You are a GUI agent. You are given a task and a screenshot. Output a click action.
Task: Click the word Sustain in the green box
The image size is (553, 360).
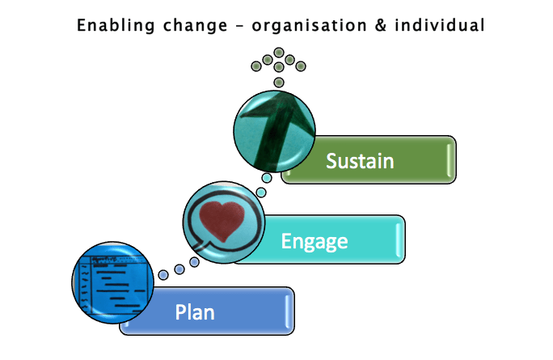click(360, 160)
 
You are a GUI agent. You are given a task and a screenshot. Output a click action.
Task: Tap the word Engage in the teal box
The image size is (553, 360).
click(314, 240)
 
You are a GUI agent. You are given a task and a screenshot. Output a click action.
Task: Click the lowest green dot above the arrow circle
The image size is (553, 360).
click(279, 83)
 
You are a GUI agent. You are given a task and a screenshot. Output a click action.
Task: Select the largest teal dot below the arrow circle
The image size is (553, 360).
click(267, 178)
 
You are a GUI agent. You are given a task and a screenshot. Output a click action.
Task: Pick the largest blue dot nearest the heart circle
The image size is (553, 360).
click(194, 261)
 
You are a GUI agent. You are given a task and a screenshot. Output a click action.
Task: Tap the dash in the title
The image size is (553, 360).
click(238, 25)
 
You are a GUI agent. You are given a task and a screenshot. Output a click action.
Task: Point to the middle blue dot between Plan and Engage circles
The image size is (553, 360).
click(179, 269)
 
